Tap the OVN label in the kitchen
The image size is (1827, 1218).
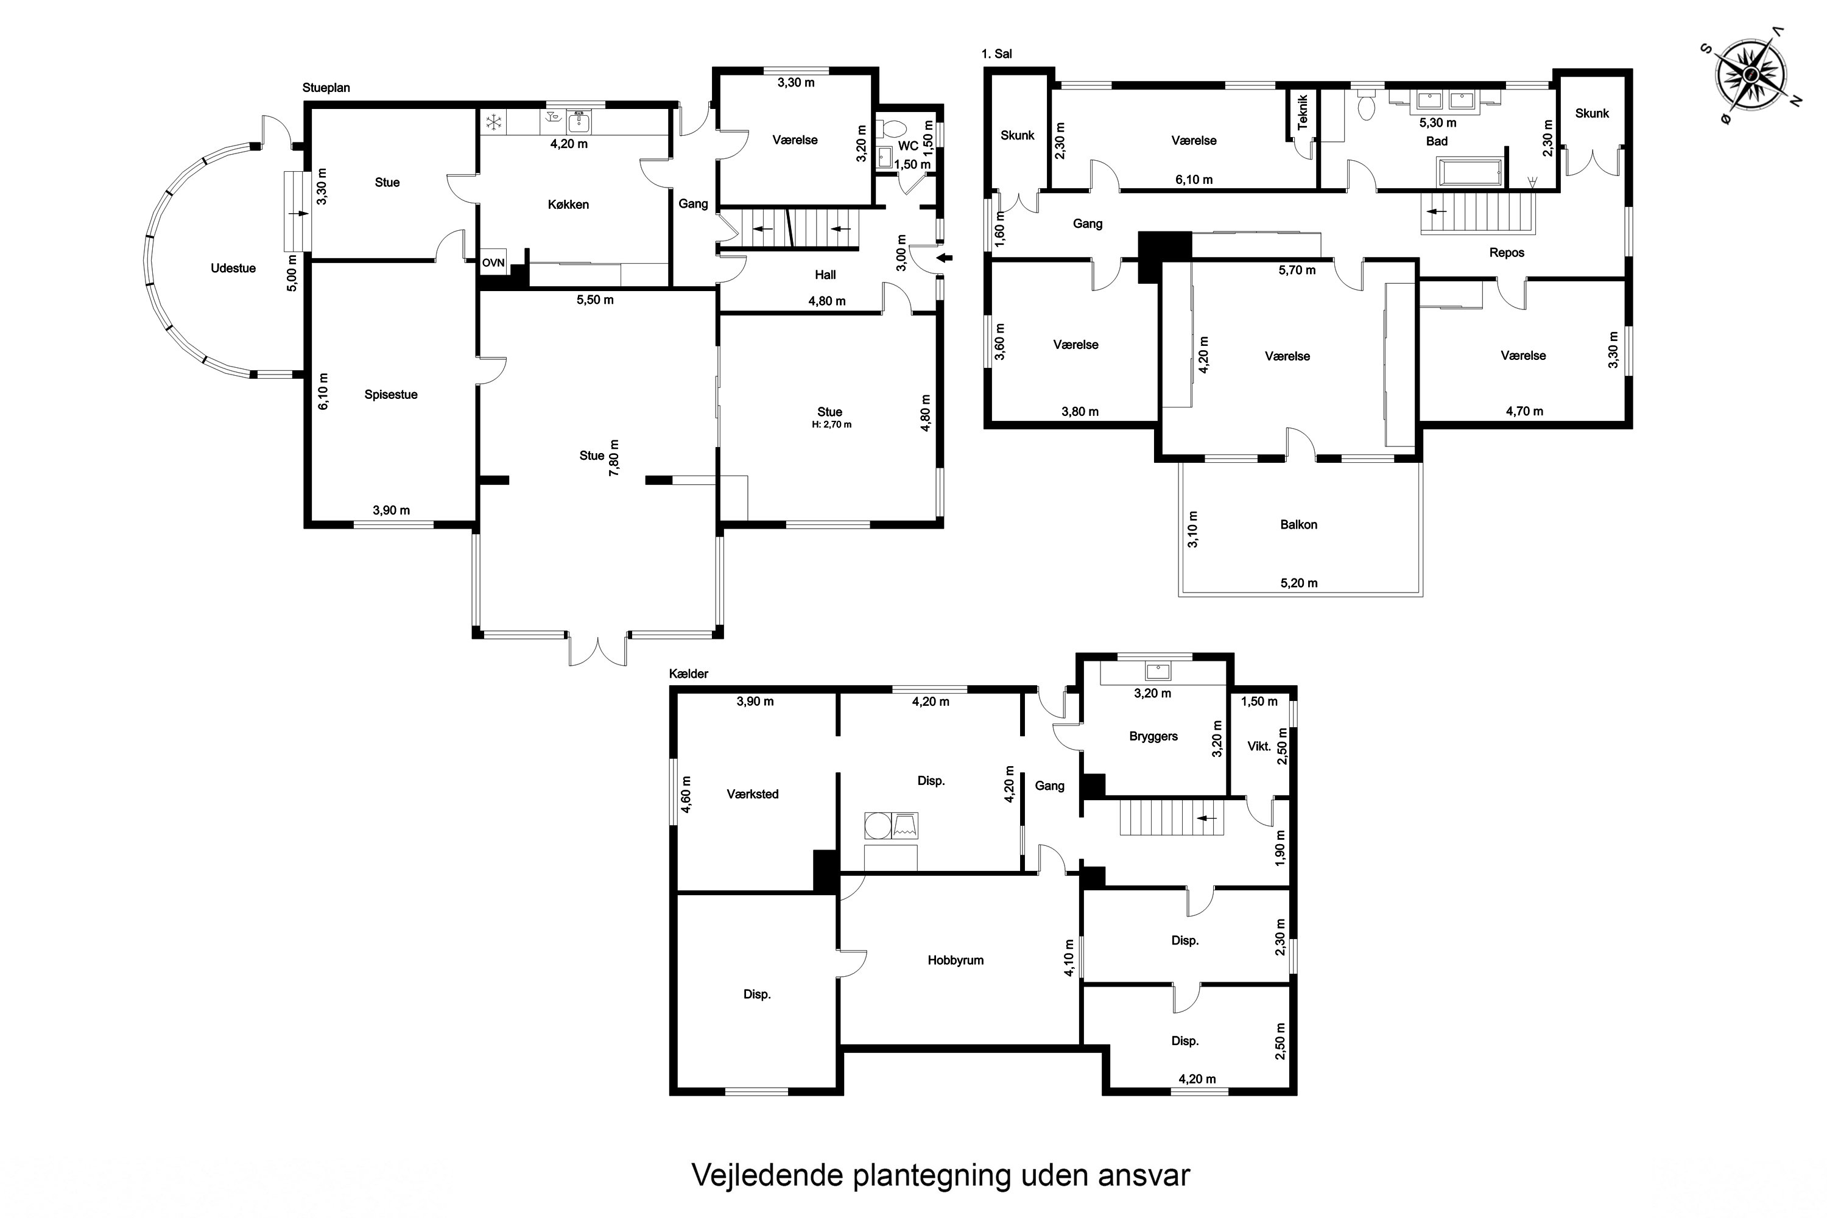[x=493, y=263]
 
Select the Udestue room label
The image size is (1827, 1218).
[x=233, y=269]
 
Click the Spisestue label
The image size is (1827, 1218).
[x=391, y=395]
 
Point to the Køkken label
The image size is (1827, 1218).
[x=569, y=204]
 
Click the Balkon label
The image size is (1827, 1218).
[x=1299, y=525]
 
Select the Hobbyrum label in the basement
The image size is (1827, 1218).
[x=956, y=961]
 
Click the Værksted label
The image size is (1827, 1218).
[x=753, y=794]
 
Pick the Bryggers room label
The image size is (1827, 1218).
[x=1153, y=736]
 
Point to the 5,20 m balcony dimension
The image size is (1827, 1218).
[x=1299, y=583]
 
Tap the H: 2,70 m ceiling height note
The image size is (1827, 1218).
[x=832, y=425]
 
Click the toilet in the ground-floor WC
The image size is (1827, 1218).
[x=890, y=129]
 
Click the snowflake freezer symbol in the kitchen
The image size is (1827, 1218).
[x=493, y=122]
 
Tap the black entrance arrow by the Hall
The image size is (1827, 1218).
[x=945, y=259]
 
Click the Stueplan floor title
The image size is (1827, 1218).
[x=326, y=88]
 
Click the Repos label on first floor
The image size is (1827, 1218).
[x=1507, y=253]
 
